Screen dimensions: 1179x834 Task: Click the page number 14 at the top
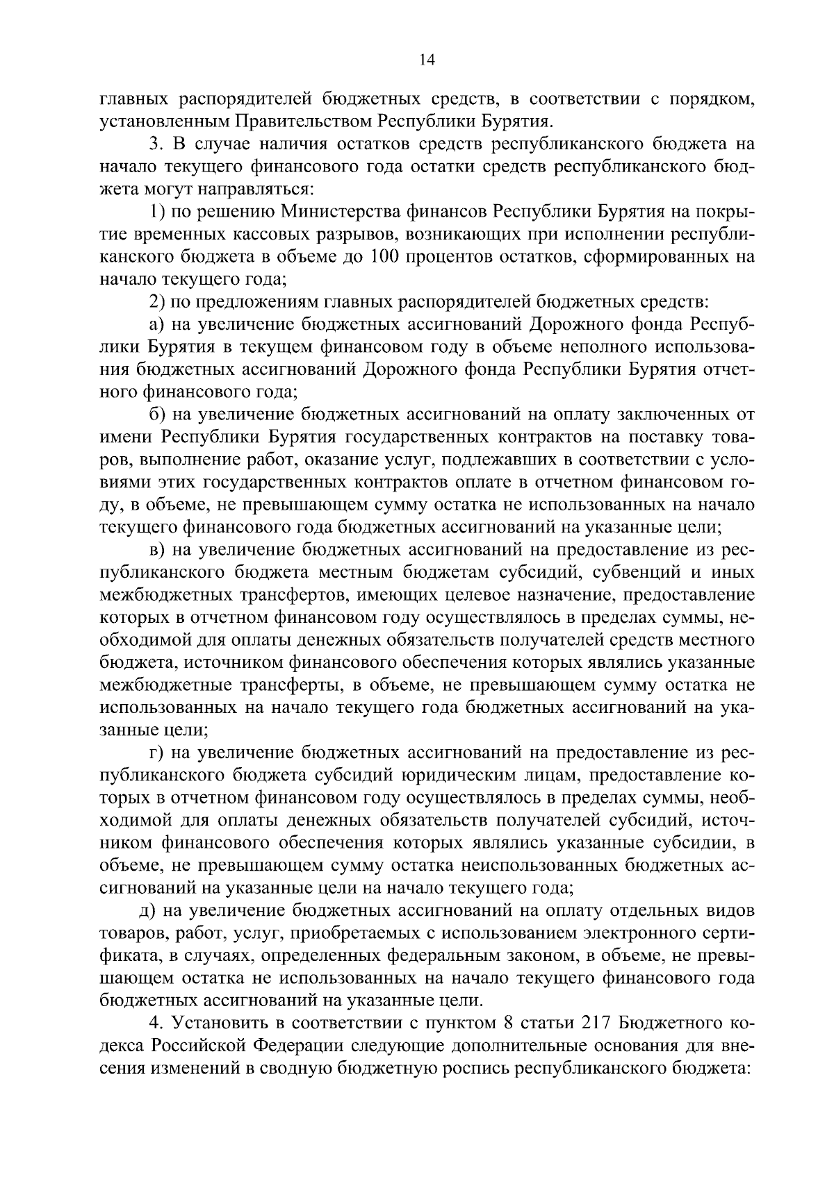pyautogui.click(x=427, y=60)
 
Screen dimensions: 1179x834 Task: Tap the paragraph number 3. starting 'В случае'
pyautogui.click(x=156, y=144)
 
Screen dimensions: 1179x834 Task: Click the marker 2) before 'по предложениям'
pyautogui.click(x=158, y=302)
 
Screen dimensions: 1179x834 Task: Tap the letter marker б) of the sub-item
pyautogui.click(x=158, y=415)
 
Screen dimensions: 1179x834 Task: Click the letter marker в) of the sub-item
pyautogui.click(x=158, y=551)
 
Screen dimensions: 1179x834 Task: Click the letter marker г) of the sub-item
pyautogui.click(x=157, y=753)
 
